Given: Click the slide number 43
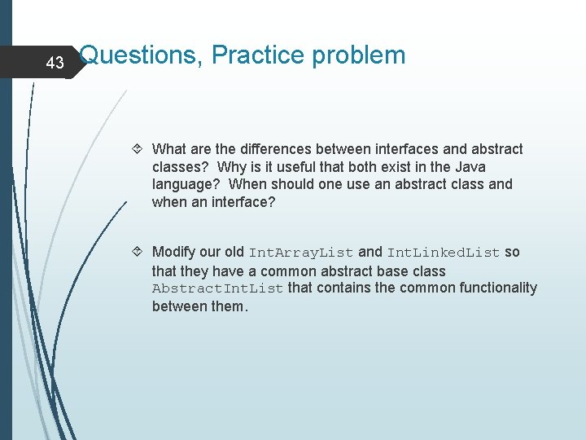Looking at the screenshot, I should (x=55, y=63).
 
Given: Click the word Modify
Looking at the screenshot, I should (x=174, y=252).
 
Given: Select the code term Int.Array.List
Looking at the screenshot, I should (x=300, y=253).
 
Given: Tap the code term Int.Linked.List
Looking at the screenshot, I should (x=443, y=253).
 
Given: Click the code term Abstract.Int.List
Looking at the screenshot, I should (x=217, y=288).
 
